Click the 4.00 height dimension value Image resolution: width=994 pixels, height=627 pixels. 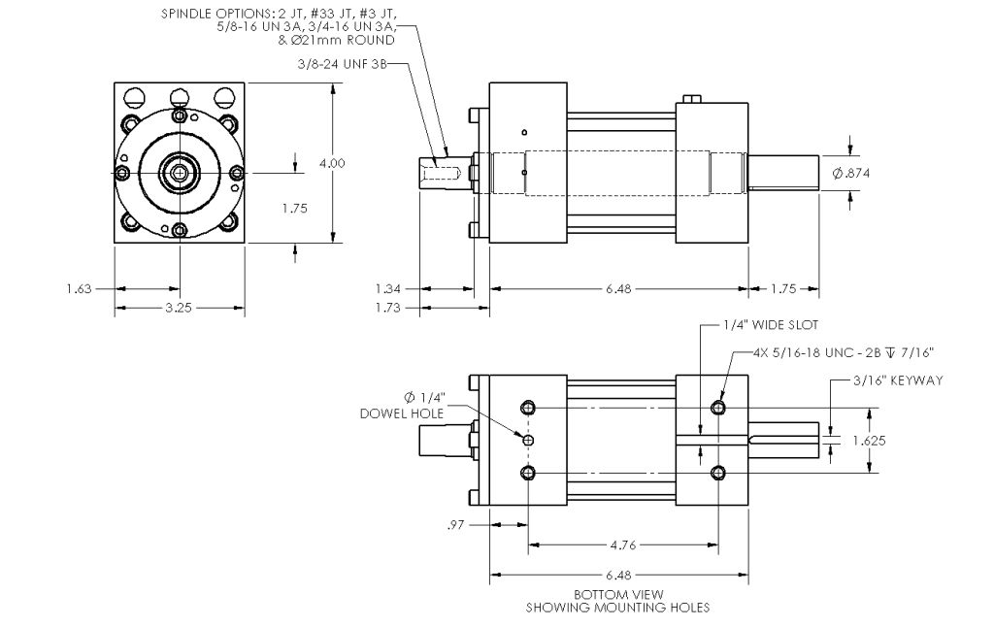pyautogui.click(x=332, y=164)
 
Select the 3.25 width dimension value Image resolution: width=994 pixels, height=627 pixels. pyautogui.click(x=179, y=308)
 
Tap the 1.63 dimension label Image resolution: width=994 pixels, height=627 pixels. pyautogui.click(x=80, y=289)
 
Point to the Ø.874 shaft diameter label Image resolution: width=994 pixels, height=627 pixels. pyautogui.click(x=850, y=173)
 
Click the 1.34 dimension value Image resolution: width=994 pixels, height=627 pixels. pyautogui.click(x=388, y=289)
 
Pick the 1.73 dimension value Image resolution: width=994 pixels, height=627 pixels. pyautogui.click(x=388, y=308)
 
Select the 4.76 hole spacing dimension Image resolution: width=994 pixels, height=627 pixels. pyautogui.click(x=623, y=544)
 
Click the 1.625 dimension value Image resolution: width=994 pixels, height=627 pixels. pyautogui.click(x=869, y=441)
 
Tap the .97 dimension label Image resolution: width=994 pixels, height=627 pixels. pyautogui.click(x=456, y=525)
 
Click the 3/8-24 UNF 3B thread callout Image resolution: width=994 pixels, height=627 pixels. pyautogui.click(x=342, y=64)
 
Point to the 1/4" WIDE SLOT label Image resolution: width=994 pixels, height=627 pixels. pyautogui.click(x=771, y=325)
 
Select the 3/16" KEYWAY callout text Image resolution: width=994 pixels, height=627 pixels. pyautogui.click(x=898, y=380)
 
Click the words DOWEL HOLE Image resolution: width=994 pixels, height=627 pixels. pyautogui.click(x=402, y=414)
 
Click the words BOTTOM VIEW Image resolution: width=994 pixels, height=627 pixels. pyautogui.click(x=618, y=595)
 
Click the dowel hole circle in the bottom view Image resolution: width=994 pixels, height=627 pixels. pyautogui.click(x=528, y=440)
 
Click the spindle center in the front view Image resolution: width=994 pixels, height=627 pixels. pyautogui.click(x=181, y=173)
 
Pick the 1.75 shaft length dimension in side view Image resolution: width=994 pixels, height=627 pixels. pyautogui.click(x=783, y=289)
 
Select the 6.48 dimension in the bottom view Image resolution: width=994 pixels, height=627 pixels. pyautogui.click(x=618, y=576)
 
